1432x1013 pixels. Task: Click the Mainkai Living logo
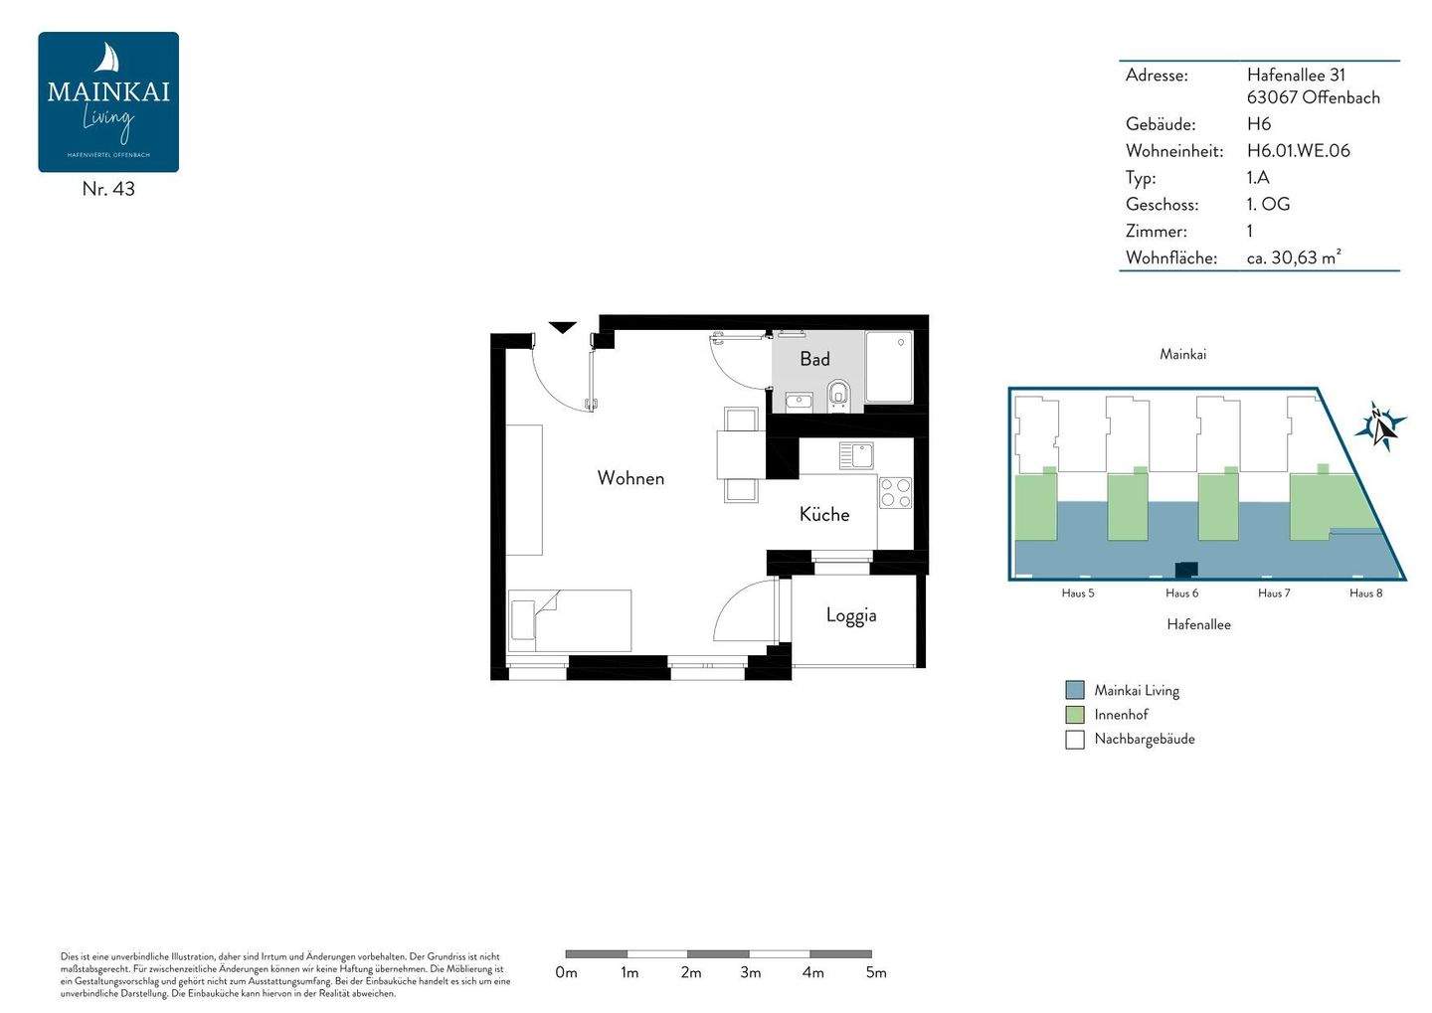click(x=108, y=101)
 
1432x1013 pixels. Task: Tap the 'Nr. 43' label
click(x=108, y=189)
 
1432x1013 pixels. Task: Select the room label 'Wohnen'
click(x=630, y=478)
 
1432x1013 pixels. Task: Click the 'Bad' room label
click(x=814, y=359)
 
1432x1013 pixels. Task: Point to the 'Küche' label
click(x=824, y=514)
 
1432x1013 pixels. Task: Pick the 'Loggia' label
click(x=851, y=615)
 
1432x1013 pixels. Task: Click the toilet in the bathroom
click(x=839, y=395)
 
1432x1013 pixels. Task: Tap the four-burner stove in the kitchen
click(x=895, y=493)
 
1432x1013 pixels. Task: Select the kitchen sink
click(x=856, y=455)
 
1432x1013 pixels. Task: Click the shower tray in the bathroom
click(x=889, y=367)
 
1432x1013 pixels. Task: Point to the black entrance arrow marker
click(x=563, y=327)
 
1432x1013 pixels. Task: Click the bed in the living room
click(x=570, y=621)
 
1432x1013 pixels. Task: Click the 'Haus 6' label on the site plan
click(x=1181, y=593)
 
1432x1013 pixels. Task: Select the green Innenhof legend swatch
click(x=1074, y=715)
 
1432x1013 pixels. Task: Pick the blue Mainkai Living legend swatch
click(x=1074, y=690)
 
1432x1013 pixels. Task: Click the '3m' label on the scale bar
click(x=751, y=972)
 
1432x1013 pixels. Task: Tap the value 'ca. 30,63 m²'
click(x=1294, y=257)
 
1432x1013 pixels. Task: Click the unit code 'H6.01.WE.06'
click(x=1298, y=151)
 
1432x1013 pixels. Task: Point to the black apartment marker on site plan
click(x=1186, y=570)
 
